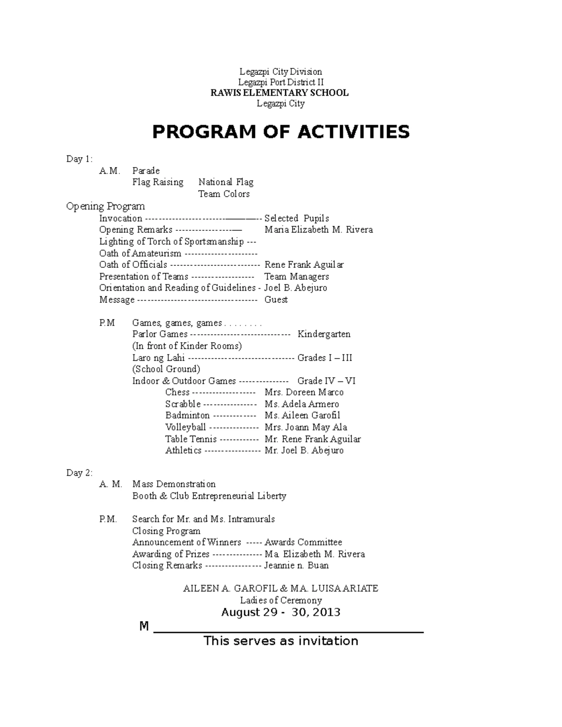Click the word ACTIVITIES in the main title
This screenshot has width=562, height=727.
tap(353, 132)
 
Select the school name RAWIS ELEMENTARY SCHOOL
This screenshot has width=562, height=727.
tap(280, 93)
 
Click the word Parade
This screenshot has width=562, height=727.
tap(146, 171)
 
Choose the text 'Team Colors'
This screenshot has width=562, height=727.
tap(223, 194)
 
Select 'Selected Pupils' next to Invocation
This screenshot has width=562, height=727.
tap(296, 218)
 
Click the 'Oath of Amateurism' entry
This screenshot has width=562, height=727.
tap(140, 253)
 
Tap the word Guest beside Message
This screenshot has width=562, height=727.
tap(276, 300)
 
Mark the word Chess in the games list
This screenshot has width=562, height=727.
tap(177, 392)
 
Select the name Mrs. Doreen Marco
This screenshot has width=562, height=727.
tap(304, 392)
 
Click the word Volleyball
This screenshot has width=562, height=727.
tap(185, 427)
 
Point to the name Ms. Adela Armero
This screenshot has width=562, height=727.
tap(302, 404)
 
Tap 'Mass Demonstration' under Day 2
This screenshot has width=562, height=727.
tap(174, 484)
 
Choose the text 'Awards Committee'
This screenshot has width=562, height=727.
tap(303, 542)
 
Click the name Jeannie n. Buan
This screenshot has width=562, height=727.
tap(296, 565)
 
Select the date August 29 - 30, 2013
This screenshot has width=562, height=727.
tap(281, 612)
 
